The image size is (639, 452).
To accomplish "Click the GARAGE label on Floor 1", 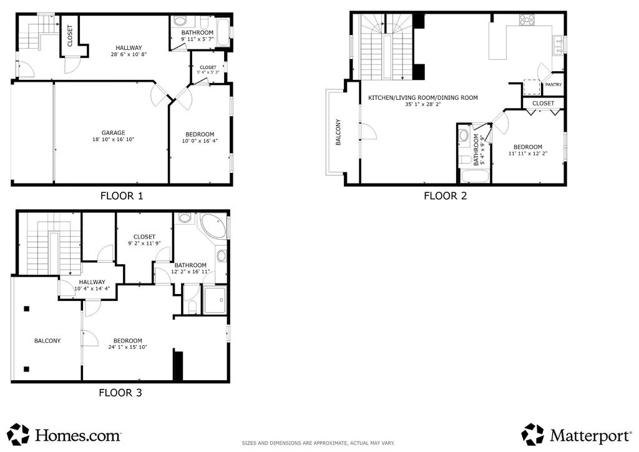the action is click(114, 133).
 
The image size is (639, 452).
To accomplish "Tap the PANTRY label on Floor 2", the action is click(554, 85).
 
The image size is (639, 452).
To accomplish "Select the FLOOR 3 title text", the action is click(120, 393).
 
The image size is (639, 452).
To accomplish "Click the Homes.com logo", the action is click(64, 435).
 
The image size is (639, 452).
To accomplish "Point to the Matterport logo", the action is click(576, 435).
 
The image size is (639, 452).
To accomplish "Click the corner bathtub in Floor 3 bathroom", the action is click(213, 225).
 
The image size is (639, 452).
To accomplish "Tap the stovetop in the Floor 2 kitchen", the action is click(527, 20).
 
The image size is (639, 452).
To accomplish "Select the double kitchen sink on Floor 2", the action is click(559, 45).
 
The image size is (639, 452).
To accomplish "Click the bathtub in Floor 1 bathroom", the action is click(223, 32).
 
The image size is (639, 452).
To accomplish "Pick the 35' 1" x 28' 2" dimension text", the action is click(423, 104).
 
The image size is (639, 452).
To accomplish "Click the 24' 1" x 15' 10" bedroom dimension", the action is click(127, 347).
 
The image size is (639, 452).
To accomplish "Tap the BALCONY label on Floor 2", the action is click(338, 132).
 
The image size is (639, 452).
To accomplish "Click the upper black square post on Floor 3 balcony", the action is click(26, 309).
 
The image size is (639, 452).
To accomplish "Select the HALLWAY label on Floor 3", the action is click(92, 282).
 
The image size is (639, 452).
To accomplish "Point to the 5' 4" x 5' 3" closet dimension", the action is click(208, 72).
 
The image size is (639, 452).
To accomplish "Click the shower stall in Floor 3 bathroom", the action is click(215, 300).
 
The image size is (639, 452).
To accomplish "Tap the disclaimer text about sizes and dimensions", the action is click(318, 443).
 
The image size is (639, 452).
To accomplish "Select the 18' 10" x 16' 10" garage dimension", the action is click(114, 139).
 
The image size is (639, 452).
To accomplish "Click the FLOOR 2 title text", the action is click(446, 196).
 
